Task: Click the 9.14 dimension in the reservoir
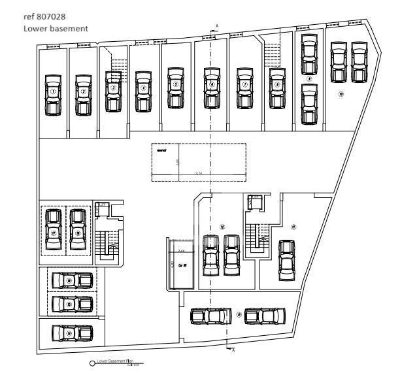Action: click(199, 173)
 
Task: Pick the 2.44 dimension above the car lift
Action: click(182, 251)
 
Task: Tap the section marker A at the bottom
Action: click(233, 351)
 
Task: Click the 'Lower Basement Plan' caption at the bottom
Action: click(115, 361)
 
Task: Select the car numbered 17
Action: click(54, 231)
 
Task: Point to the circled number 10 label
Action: click(341, 93)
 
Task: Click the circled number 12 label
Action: click(223, 226)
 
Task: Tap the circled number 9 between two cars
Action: click(309, 78)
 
